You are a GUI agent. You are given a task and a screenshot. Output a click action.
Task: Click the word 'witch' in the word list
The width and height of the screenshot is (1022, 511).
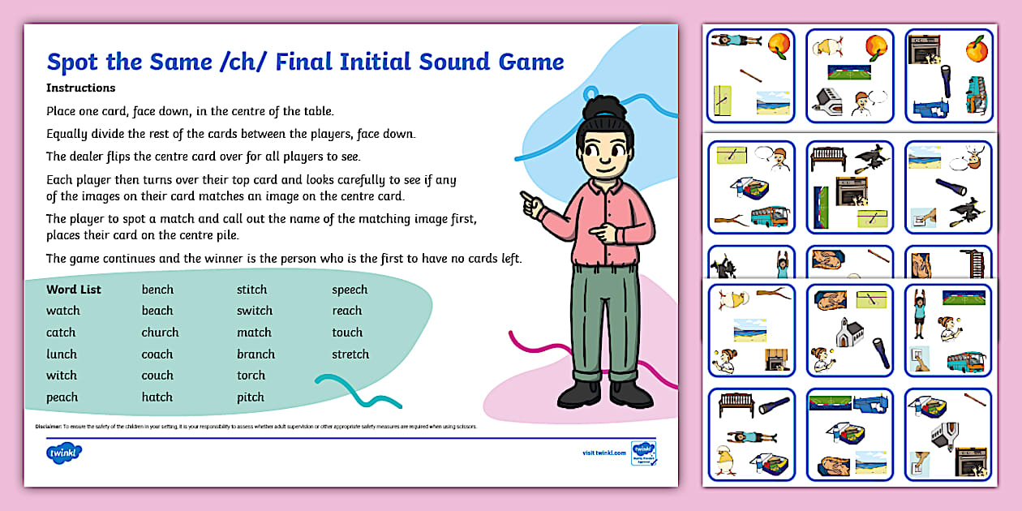62,376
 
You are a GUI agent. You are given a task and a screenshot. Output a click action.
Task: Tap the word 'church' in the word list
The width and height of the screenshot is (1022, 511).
160,333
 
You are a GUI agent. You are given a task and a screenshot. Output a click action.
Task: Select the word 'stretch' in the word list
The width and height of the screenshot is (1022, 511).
350,354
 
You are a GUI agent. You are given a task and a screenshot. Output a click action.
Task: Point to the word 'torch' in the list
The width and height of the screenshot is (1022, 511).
251,376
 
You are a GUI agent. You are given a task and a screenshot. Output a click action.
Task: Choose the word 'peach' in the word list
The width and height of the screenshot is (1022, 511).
62,397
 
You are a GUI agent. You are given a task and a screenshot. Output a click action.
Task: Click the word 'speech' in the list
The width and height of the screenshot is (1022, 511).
350,290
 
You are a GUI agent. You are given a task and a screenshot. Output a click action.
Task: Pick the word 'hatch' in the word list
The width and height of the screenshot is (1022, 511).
157,397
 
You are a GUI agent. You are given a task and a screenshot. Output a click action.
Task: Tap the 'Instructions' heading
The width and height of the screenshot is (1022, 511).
81,88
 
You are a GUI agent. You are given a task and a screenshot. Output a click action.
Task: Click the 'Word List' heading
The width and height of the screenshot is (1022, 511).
74,290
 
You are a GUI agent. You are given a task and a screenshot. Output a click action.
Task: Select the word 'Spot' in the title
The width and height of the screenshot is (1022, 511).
75,62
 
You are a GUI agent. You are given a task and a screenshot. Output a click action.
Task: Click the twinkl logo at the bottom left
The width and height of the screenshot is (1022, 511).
64,452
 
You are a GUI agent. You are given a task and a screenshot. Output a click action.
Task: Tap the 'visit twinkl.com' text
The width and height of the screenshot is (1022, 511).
603,453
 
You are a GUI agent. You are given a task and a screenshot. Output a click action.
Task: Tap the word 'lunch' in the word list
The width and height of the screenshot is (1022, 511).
62,354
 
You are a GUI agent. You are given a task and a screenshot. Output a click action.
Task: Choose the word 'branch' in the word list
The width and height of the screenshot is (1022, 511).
255,354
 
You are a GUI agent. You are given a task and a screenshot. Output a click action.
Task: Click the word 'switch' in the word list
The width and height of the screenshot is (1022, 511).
254,311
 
